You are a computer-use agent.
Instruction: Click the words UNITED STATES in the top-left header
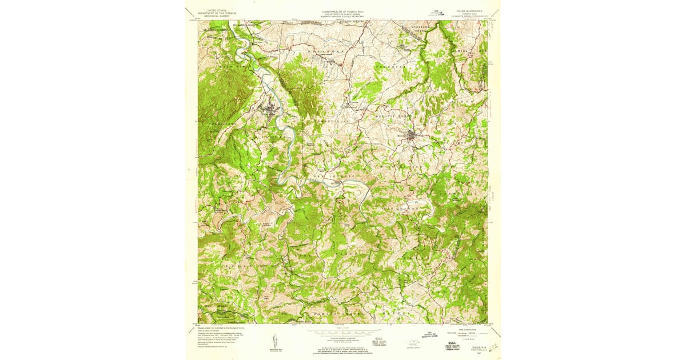(x=217, y=10)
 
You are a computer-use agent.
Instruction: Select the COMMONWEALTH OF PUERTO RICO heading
(x=343, y=10)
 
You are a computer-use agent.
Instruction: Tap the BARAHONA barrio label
(x=323, y=51)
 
